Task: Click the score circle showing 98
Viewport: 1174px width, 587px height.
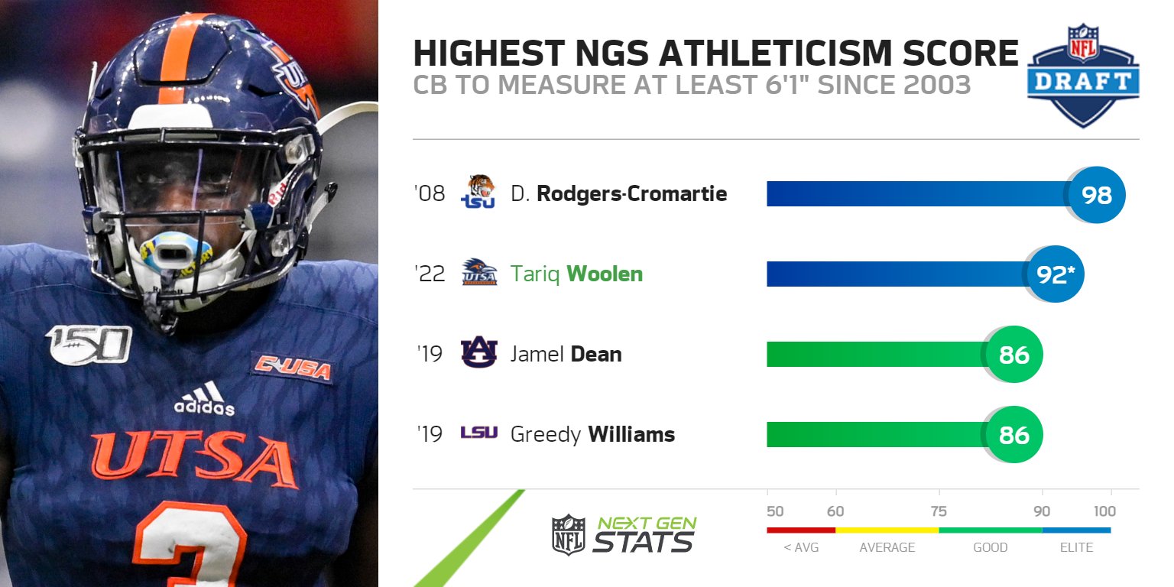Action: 1097,195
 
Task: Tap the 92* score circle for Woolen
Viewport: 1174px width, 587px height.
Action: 1056,274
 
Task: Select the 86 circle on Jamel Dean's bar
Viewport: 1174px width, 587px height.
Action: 1013,355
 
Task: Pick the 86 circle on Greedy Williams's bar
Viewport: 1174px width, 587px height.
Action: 1013,435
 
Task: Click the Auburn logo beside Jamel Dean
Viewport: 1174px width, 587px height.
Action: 479,354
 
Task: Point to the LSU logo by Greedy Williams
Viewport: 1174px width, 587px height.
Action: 479,434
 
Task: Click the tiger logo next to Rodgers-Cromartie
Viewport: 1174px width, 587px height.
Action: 479,192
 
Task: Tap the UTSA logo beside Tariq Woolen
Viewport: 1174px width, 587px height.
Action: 479,273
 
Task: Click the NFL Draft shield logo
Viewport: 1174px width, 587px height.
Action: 1083,74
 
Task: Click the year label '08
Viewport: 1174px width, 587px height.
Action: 429,194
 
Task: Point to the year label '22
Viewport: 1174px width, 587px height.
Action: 429,274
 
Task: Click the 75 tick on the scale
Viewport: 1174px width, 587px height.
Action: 939,511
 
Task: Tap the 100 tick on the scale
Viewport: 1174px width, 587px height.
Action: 1104,511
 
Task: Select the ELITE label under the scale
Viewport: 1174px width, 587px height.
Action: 1075,547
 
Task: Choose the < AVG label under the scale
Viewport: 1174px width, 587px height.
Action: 801,547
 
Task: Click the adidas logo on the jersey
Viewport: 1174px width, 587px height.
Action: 204,399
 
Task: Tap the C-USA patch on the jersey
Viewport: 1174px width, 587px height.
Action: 293,368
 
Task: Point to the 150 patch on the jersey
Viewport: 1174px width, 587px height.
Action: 89,344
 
